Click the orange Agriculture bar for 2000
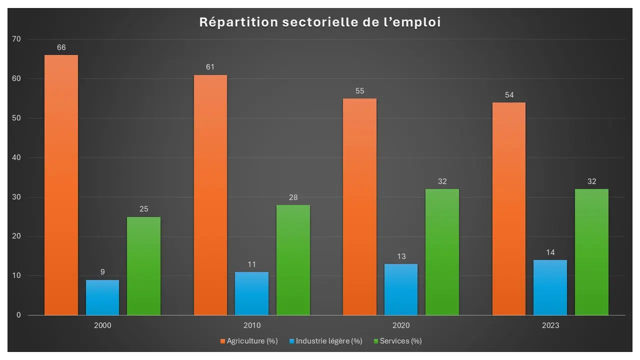[61, 185]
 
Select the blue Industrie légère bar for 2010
[251, 293]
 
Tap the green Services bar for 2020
[442, 252]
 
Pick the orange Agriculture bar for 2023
[509, 208]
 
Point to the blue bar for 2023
[550, 287]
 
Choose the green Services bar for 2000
[143, 266]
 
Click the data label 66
[61, 48]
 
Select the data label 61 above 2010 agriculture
[210, 67]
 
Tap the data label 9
[102, 272]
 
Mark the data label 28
[293, 197]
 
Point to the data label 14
[550, 252]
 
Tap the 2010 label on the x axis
[251, 325]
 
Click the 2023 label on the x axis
[550, 325]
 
